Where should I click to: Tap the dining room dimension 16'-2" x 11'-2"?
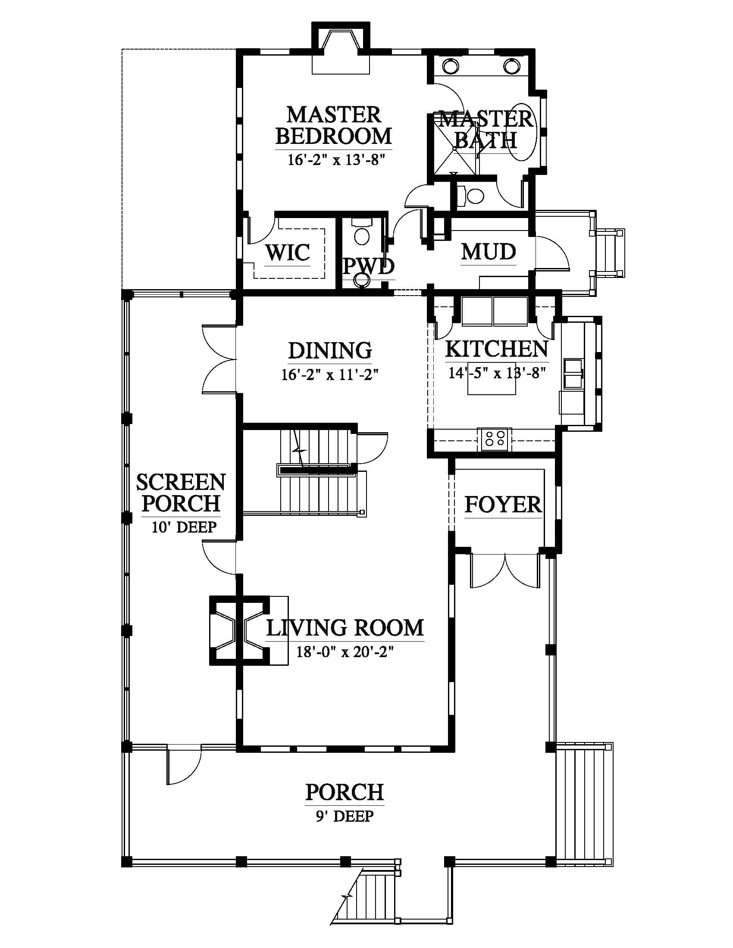click(330, 374)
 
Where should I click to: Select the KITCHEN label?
click(497, 349)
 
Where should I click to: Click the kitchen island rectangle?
click(492, 378)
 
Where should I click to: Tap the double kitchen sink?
click(573, 373)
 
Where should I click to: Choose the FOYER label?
click(503, 505)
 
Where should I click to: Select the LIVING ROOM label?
click(345, 628)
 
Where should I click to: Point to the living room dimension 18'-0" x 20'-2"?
click(345, 652)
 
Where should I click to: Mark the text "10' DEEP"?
click(184, 527)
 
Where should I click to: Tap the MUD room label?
click(489, 251)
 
